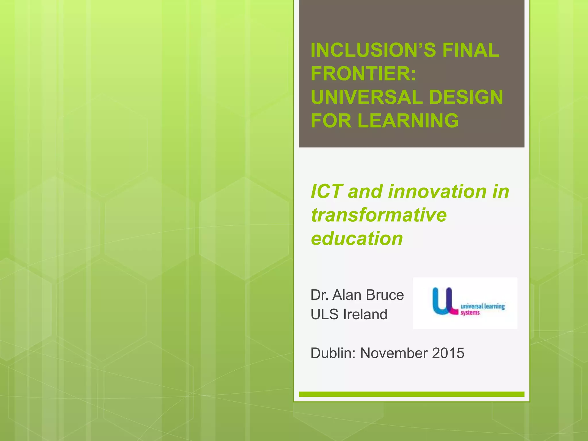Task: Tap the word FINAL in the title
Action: coord(471,50)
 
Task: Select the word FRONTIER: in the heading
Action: coord(363,73)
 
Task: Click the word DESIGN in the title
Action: coord(466,97)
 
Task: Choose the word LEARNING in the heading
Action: coord(408,121)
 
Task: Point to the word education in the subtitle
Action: coord(357,238)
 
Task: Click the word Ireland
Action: coord(365,314)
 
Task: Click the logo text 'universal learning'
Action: coord(483,306)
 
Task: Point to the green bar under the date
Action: coord(411,394)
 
